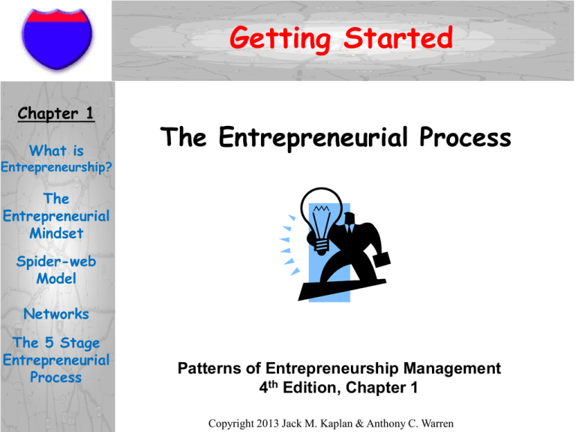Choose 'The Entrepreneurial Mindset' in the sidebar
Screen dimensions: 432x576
coord(56,216)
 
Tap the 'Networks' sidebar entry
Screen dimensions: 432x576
coord(56,313)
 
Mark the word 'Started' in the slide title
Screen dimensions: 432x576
coord(397,37)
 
